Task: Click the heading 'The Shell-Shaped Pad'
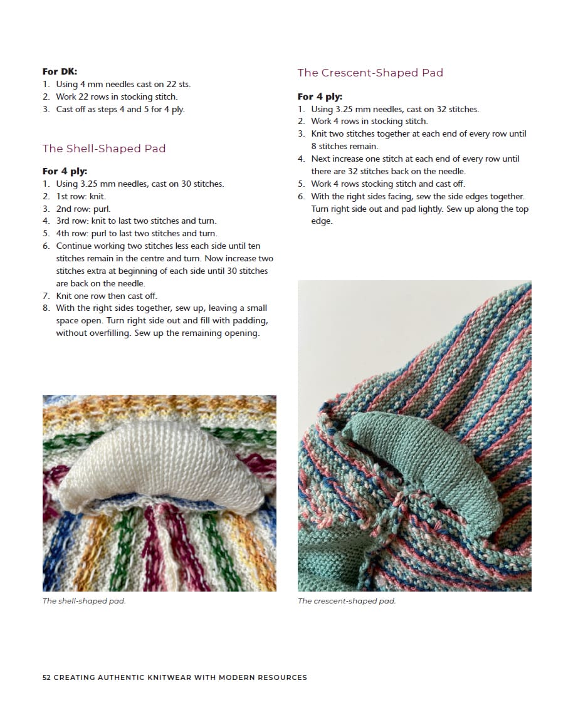pyautogui.click(x=104, y=149)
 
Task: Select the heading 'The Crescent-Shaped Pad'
pyautogui.click(x=370, y=73)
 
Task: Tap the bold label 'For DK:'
pyautogui.click(x=60, y=71)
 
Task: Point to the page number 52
pyautogui.click(x=46, y=677)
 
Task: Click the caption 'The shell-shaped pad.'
pyautogui.click(x=84, y=601)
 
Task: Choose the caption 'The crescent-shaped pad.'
pyautogui.click(x=347, y=601)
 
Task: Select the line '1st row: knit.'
pyautogui.click(x=81, y=196)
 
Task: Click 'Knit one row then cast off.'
pyautogui.click(x=107, y=296)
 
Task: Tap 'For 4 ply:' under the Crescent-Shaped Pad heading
pyautogui.click(x=320, y=97)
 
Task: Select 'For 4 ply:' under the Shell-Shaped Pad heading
pyautogui.click(x=65, y=171)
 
